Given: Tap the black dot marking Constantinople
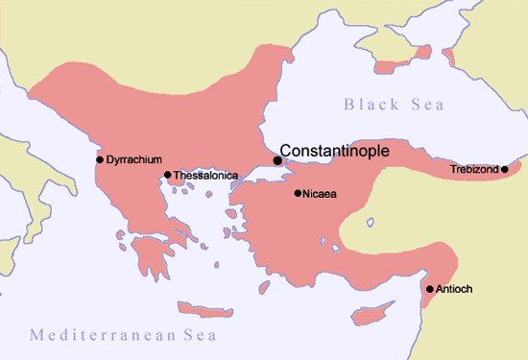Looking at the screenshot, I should tap(278, 160).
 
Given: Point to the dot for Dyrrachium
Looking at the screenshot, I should tap(100, 158).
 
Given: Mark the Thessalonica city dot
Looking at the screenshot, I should tap(168, 175).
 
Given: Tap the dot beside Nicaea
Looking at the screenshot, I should tap(298, 194).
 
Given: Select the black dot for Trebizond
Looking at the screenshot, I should tap(505, 170).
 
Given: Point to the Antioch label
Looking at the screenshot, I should tap(455, 289).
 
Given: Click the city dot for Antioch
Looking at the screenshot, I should tap(430, 289).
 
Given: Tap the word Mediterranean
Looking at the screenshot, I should tap(94, 334).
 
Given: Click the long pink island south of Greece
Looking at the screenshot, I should tap(208, 310).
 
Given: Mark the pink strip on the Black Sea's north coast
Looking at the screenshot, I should tap(394, 67).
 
